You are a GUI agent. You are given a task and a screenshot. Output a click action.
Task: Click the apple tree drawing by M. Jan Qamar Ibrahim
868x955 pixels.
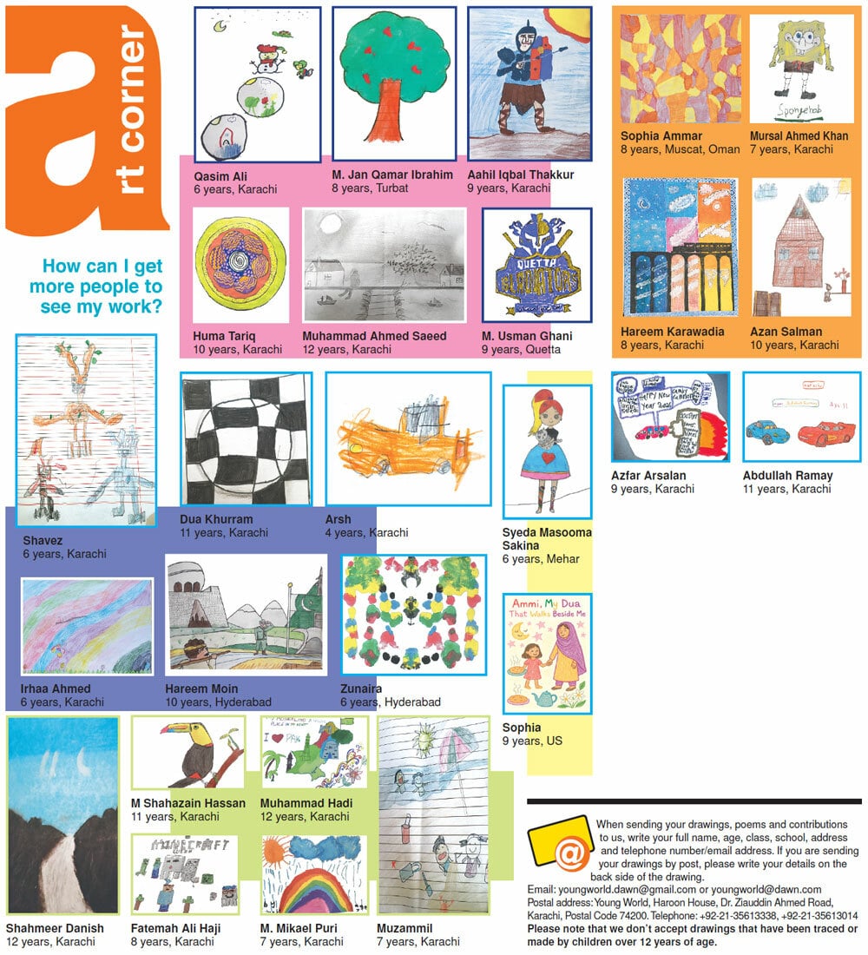pos(393,82)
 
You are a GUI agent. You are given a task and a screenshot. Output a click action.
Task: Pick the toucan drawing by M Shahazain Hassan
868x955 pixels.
pos(188,752)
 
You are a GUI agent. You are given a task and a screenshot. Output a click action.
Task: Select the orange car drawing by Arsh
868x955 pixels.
pos(407,439)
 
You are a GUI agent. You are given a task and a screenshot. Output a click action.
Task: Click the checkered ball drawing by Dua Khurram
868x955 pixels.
pos(246,438)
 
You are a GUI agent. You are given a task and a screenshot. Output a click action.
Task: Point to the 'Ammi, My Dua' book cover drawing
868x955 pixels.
pos(547,653)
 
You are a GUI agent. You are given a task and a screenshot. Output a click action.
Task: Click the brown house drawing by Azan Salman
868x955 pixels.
pos(800,247)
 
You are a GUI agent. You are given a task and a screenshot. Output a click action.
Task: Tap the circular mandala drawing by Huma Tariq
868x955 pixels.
pos(240,266)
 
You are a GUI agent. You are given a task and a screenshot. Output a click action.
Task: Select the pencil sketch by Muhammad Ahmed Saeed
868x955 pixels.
pos(384,265)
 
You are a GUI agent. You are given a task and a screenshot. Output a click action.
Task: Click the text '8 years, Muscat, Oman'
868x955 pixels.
pos(680,149)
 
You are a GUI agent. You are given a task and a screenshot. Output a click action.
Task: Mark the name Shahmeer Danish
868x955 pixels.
pos(55,928)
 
